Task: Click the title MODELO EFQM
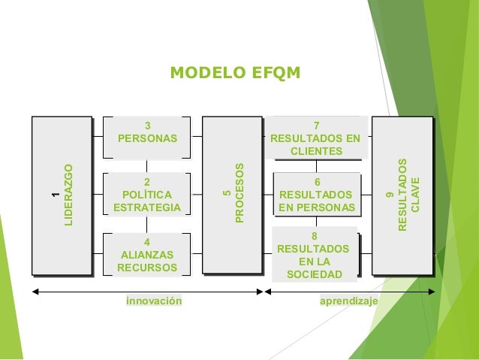pos(235,73)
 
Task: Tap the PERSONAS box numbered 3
pos(147,137)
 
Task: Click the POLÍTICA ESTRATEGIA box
pos(147,195)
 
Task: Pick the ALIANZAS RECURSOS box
pos(147,255)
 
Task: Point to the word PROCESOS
pos(239,194)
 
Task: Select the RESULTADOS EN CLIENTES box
pos(316,138)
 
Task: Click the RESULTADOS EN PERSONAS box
pos(316,195)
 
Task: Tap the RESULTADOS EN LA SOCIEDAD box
pos(315,255)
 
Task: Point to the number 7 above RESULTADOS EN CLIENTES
pos(316,126)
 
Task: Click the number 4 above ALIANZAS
pos(147,242)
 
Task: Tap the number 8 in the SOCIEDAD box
pos(314,235)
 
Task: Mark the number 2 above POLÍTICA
pos(147,182)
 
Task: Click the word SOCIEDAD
pos(314,274)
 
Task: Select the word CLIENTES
pos(316,151)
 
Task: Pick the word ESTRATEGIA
pos(147,207)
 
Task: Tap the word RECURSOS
pos(147,268)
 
